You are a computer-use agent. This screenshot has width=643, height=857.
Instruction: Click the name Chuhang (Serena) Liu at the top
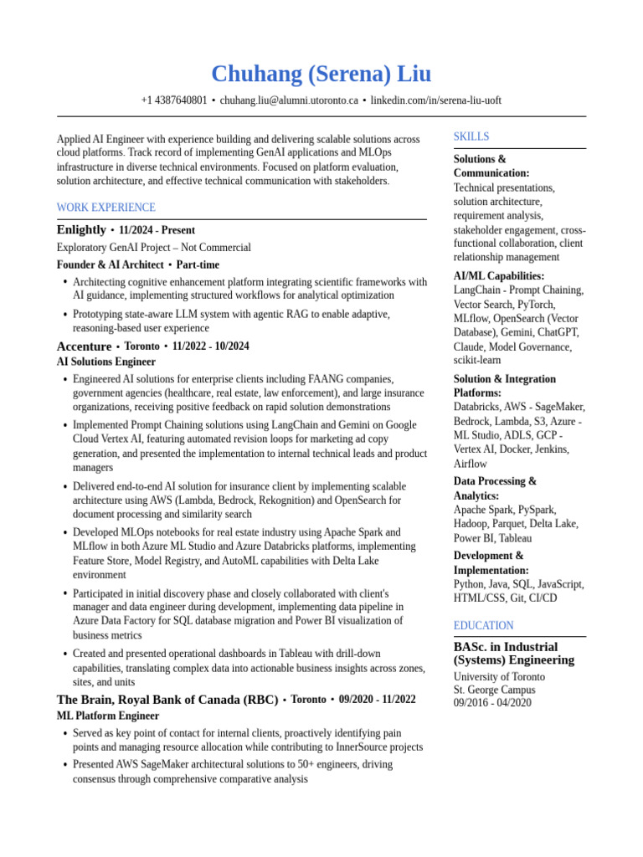321,74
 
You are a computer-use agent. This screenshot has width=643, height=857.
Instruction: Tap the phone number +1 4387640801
174,100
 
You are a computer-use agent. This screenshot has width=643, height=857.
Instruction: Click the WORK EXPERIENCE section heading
105,208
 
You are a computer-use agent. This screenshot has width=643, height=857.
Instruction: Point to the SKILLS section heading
471,136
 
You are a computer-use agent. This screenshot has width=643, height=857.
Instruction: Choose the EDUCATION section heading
484,626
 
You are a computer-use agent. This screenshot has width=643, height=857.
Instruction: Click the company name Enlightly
81,230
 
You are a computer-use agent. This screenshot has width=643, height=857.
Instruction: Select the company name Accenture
84,346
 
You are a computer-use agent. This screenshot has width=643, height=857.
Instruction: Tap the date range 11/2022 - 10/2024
210,346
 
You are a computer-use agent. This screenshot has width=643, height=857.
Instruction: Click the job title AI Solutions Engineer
105,362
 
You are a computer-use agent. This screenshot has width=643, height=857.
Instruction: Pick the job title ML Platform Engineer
107,716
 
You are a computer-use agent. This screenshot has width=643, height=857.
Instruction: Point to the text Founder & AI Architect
110,265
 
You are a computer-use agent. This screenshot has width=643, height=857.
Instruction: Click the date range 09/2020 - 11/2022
377,700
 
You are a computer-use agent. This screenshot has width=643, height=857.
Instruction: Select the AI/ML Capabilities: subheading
499,276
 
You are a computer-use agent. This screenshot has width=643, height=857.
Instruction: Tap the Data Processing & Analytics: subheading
495,488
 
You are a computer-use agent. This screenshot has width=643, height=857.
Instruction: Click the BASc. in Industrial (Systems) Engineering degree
513,654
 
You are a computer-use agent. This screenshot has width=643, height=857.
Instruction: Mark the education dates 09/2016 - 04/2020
492,703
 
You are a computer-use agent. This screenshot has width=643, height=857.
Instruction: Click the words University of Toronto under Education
499,677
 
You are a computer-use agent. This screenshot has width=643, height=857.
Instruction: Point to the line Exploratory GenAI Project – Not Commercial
153,248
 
